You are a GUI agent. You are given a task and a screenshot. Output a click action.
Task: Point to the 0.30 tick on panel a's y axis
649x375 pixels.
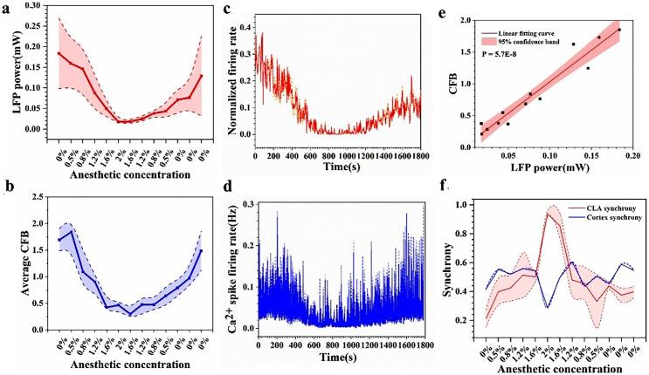point(37,5)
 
